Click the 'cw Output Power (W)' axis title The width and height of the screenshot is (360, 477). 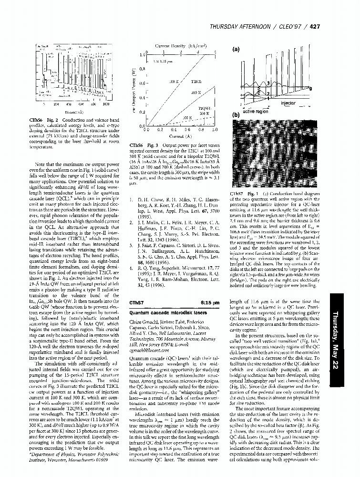point(135,90)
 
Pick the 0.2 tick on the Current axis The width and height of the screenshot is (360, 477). point(160,129)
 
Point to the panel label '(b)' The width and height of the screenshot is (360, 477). point(235,115)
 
